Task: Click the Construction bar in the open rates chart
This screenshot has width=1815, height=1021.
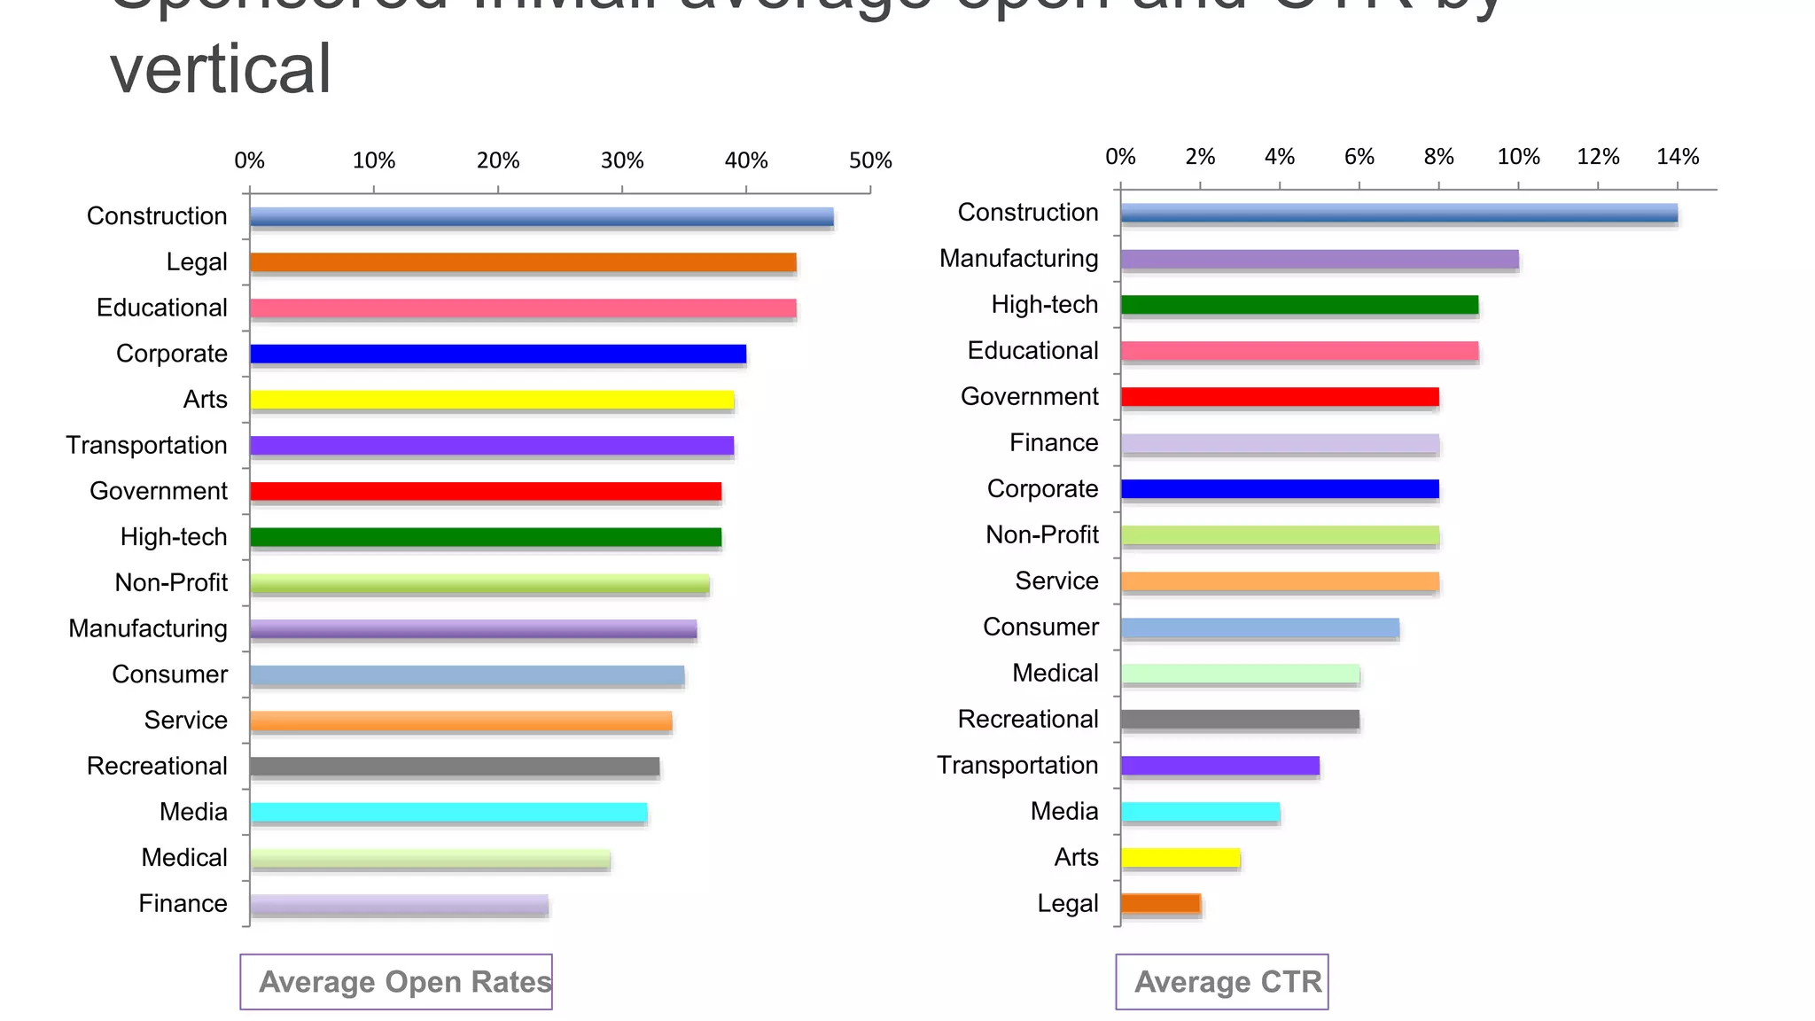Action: point(541,217)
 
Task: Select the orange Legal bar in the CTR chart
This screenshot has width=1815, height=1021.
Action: point(1160,903)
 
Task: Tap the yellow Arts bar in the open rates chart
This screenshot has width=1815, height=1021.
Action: point(491,400)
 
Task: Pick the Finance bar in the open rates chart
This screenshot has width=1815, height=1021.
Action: point(399,904)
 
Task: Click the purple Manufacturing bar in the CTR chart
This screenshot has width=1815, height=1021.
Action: point(1319,260)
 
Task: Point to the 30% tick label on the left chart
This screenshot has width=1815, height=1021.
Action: point(621,161)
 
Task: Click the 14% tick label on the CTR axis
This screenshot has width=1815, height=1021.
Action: point(1677,157)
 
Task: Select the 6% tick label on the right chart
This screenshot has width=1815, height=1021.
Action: point(1359,157)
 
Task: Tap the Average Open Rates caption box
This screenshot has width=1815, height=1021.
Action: point(396,981)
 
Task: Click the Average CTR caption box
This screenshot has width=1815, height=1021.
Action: point(1222,981)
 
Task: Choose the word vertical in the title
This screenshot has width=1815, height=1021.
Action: point(220,69)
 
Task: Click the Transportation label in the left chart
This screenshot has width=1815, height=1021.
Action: point(146,445)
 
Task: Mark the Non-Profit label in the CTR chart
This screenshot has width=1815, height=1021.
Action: point(1041,534)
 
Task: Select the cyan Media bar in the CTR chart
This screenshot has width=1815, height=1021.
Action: point(1200,811)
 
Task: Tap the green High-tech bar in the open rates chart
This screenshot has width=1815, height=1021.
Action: point(485,537)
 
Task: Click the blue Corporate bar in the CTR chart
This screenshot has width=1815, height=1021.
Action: point(1279,488)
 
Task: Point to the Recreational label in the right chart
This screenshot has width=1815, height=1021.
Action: point(1027,719)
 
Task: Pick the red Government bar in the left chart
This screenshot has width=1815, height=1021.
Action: point(485,491)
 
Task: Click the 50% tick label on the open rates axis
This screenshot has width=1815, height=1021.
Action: point(869,161)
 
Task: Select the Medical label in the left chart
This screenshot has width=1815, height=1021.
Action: point(184,857)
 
